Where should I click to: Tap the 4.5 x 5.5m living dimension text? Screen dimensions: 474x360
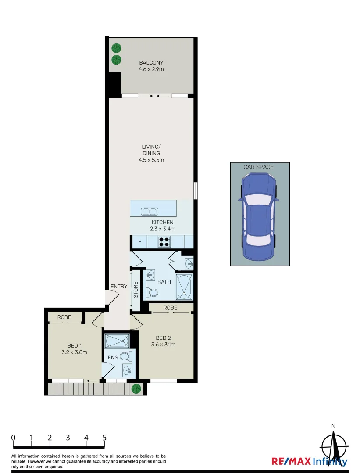(x=153, y=160)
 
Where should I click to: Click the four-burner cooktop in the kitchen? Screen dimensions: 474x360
(x=164, y=241)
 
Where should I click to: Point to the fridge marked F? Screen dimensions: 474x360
(x=139, y=242)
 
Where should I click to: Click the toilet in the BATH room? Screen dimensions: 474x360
(x=152, y=292)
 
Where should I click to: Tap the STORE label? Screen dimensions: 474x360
(x=136, y=290)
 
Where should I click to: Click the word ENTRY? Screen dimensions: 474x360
(x=118, y=287)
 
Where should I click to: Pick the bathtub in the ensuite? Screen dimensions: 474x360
(x=117, y=341)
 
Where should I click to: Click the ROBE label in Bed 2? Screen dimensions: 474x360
(x=171, y=308)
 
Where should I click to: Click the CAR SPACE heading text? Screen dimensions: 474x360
(x=259, y=167)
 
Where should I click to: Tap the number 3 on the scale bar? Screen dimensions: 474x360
(x=68, y=438)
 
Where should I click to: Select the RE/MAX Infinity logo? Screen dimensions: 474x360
(x=310, y=461)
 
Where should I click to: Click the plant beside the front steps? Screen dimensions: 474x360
(x=136, y=388)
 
